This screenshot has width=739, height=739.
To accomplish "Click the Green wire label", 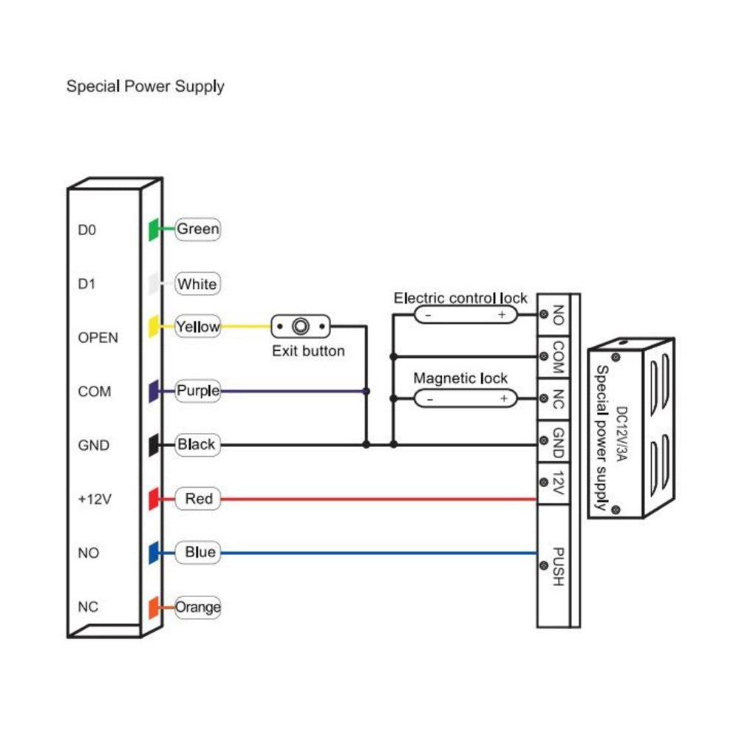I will point(197,229).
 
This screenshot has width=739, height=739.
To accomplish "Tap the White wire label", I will point(197,284).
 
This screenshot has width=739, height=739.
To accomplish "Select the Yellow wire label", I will point(197,327).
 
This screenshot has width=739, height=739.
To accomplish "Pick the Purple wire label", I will point(197,390).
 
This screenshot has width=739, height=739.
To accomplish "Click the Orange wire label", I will point(197,607).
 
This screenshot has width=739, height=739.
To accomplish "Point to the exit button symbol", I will point(301,327).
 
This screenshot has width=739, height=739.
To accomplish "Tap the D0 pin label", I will point(87,231).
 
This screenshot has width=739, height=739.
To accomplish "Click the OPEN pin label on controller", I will point(98,338).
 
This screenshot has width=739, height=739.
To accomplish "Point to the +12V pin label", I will point(94,500).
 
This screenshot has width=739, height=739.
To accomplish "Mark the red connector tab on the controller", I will point(153,500).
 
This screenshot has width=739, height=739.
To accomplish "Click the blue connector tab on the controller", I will point(153,554).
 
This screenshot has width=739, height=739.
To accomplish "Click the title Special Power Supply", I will point(145,86).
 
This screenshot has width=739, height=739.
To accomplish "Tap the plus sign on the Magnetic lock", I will point(504,398).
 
